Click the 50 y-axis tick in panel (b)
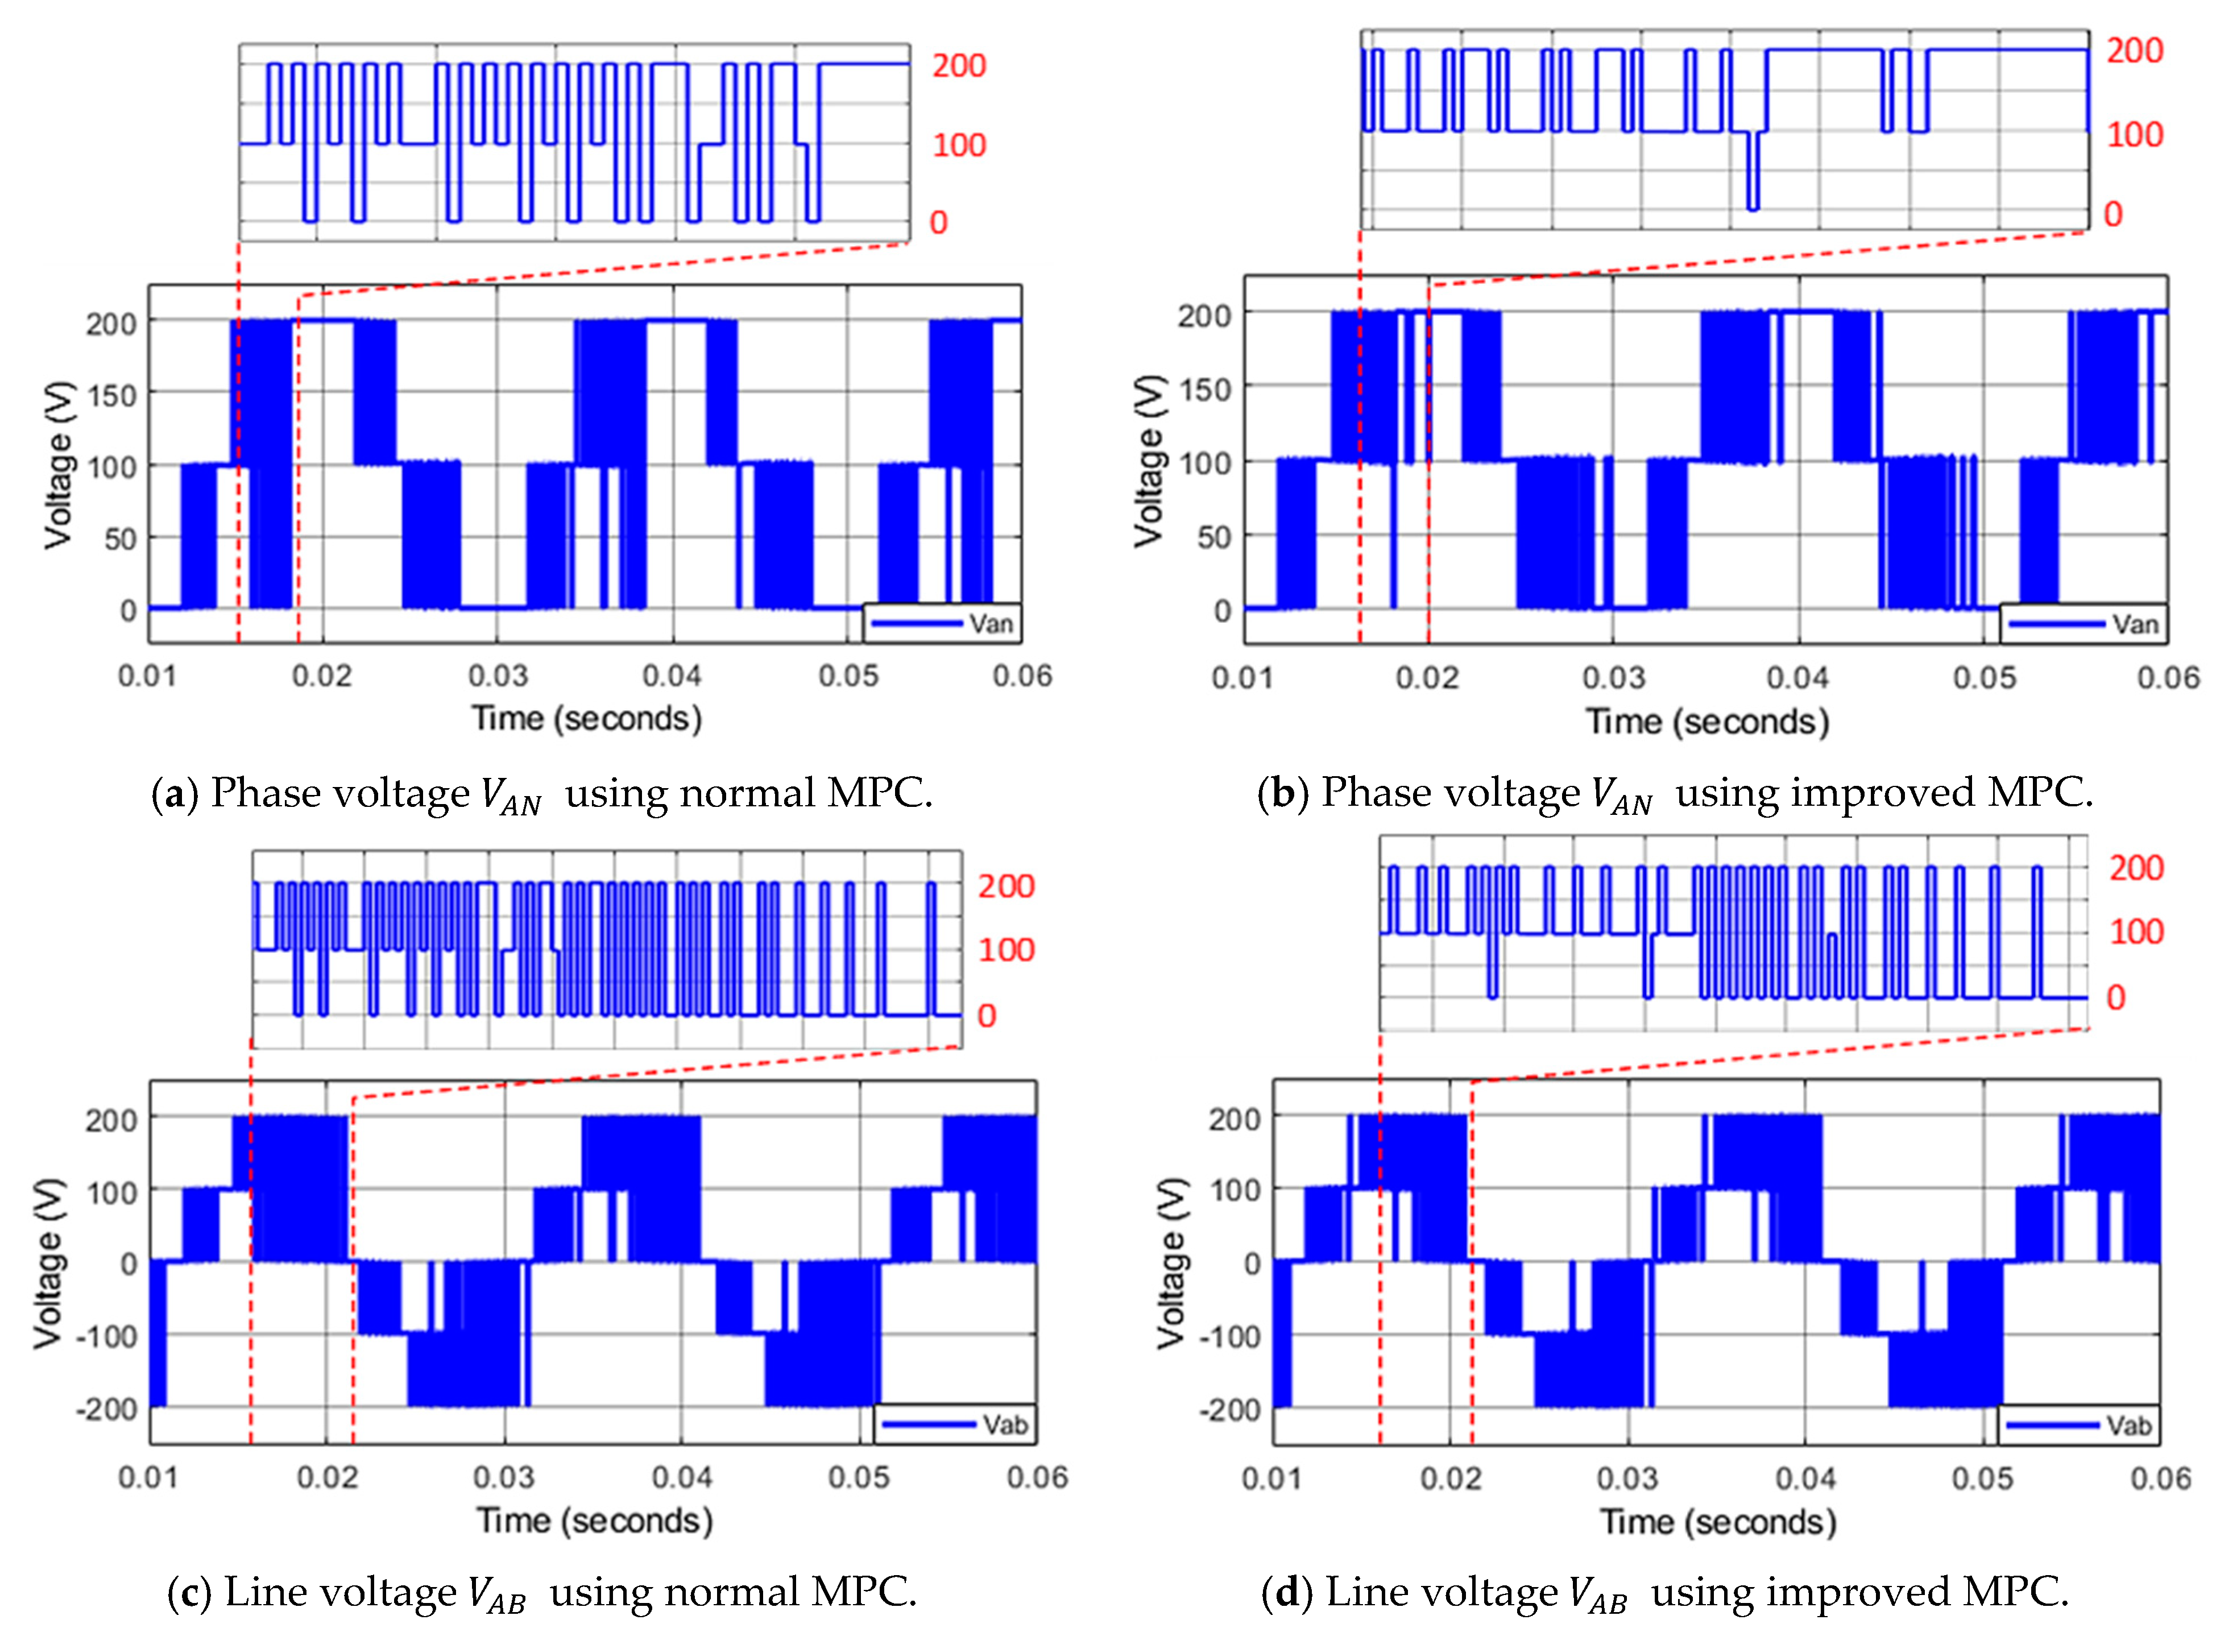[1213, 538]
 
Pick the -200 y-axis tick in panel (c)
[105, 1409]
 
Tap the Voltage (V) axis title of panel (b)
[1148, 461]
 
